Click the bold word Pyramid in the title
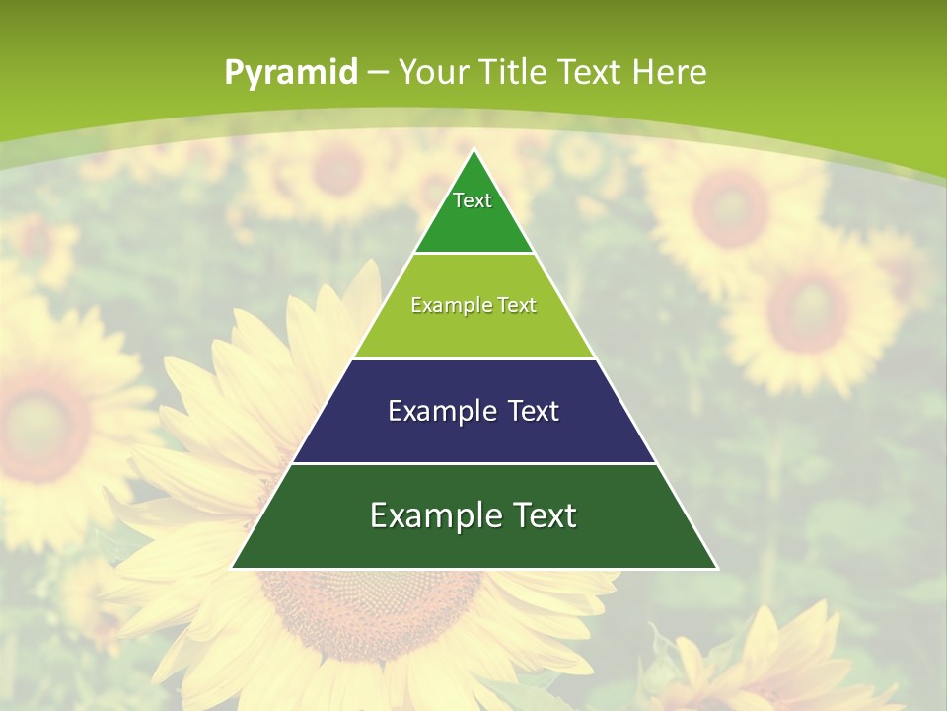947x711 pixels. click(x=290, y=72)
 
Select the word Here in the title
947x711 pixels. click(x=669, y=72)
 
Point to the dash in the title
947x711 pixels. click(x=378, y=73)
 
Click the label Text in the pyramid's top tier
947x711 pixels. click(x=473, y=200)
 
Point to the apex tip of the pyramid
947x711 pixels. click(x=473, y=151)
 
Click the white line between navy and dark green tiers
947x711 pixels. click(x=473, y=463)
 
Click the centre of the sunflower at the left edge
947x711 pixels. click(x=39, y=425)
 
